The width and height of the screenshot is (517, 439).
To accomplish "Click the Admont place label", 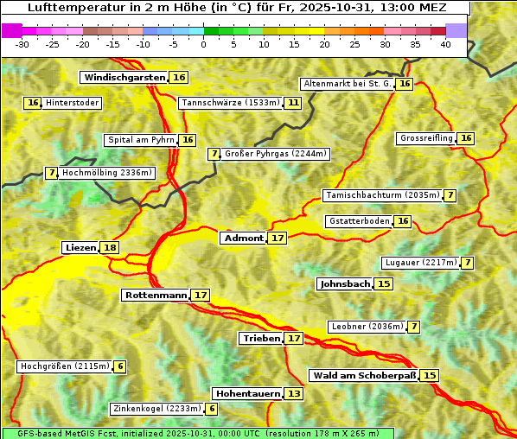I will pyautogui.click(x=243, y=238).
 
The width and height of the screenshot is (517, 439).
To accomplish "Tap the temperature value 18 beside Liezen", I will pyautogui.click(x=110, y=248).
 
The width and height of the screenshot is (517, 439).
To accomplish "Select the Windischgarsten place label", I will pyautogui.click(x=124, y=77).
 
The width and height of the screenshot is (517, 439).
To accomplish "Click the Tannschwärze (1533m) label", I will pyautogui.click(x=230, y=103).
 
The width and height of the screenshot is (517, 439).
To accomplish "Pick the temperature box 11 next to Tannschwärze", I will pyautogui.click(x=293, y=103).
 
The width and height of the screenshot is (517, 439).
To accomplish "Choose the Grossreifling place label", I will pyautogui.click(x=426, y=138).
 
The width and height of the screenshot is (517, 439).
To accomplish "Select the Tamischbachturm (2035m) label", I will pyautogui.click(x=381, y=195).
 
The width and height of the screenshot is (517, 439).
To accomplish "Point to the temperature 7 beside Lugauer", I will pyautogui.click(x=467, y=263).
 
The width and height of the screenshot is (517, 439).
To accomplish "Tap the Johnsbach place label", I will pyautogui.click(x=344, y=283).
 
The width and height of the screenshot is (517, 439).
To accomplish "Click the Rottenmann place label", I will pyautogui.click(x=156, y=296).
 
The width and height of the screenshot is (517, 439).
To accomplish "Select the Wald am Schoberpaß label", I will pyautogui.click(x=363, y=375).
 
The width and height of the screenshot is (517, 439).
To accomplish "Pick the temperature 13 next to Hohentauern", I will pyautogui.click(x=294, y=394).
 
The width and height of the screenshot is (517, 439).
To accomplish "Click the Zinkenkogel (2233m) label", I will pyautogui.click(x=156, y=409).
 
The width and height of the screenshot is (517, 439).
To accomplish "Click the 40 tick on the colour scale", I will pyautogui.click(x=445, y=44).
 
